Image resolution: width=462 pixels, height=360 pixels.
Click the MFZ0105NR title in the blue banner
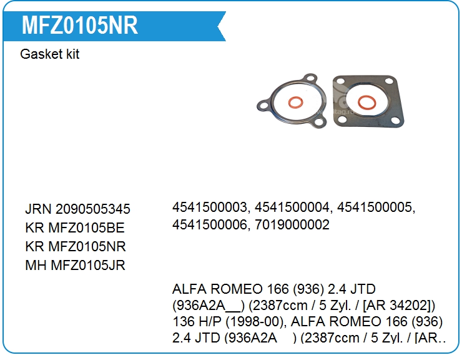[79, 26]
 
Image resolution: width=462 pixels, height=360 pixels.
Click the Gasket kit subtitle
[50, 54]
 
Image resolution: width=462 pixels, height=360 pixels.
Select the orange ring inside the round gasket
[297, 102]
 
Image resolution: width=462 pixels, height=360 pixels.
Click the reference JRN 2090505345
[77, 209]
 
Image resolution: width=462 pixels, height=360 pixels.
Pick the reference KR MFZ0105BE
[76, 227]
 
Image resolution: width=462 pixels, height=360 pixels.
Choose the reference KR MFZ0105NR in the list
[76, 246]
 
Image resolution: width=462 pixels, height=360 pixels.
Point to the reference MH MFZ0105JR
[75, 265]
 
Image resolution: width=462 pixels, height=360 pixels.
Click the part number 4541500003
[210, 206]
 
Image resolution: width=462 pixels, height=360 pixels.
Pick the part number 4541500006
[209, 224]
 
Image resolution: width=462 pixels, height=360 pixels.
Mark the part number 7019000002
[292, 224]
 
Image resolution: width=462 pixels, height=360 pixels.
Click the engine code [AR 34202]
[396, 306]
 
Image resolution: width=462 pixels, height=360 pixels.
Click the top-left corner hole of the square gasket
[340, 82]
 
